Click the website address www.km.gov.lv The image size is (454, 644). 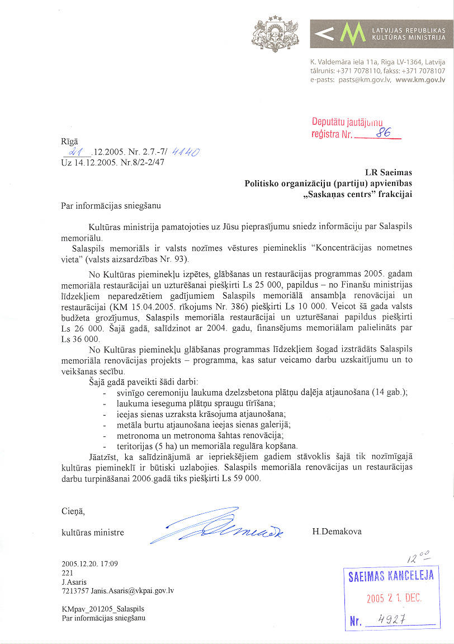click(x=420, y=80)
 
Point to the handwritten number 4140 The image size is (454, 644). click(x=187, y=152)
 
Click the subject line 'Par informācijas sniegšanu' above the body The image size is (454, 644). click(x=110, y=205)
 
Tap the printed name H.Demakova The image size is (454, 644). click(x=337, y=532)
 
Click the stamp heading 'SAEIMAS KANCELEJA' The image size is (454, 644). click(x=391, y=576)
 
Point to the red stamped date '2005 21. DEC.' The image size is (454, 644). click(x=394, y=598)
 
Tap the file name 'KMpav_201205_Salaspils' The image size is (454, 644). click(x=95, y=609)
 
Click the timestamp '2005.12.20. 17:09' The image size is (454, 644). click(x=90, y=564)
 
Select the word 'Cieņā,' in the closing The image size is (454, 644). click(x=73, y=510)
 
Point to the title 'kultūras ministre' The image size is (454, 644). click(x=92, y=532)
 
